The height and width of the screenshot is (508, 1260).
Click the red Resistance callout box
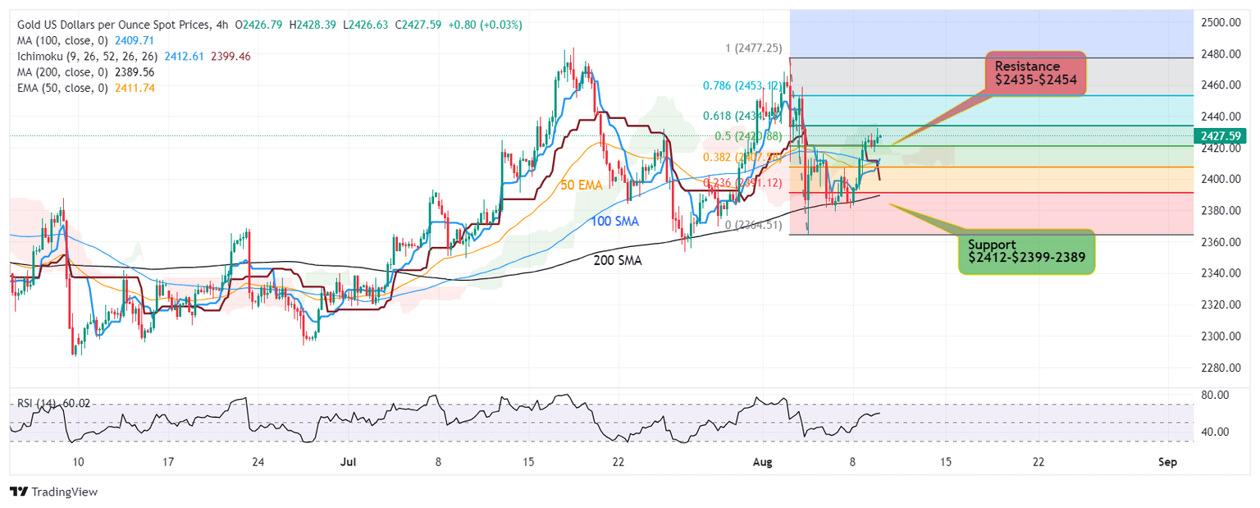tap(1035, 74)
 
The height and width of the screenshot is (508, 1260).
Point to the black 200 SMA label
tap(618, 260)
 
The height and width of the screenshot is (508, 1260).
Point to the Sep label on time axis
tap(1167, 462)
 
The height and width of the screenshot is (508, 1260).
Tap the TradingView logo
tap(54, 492)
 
